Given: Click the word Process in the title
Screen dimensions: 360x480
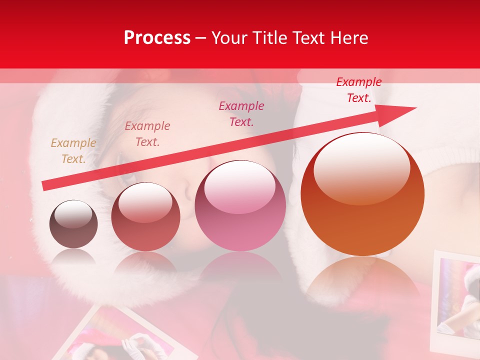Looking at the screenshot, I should click(x=157, y=37).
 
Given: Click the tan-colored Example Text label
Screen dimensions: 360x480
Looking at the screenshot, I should click(x=73, y=151).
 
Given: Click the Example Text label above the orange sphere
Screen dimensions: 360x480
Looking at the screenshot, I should click(x=358, y=90).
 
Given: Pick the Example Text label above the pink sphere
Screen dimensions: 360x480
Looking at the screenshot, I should click(x=241, y=113).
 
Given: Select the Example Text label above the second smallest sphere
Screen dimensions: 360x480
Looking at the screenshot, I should click(x=147, y=134).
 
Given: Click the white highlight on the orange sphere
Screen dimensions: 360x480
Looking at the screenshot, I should click(x=361, y=167).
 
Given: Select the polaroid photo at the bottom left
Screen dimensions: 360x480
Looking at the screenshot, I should click(x=125, y=337).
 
